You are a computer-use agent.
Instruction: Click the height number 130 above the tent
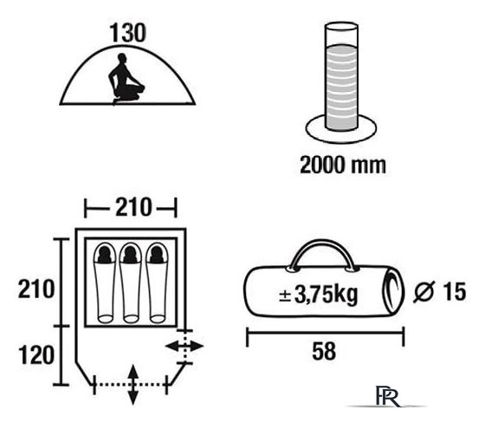click(x=127, y=33)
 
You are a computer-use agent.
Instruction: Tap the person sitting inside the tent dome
click(x=126, y=79)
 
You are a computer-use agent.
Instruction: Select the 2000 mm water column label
click(x=343, y=165)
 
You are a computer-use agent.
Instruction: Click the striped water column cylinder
click(x=341, y=76)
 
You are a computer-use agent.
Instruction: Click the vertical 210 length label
click(x=36, y=289)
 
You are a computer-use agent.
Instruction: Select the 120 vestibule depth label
click(x=36, y=355)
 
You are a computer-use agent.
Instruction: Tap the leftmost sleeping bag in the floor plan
click(x=105, y=283)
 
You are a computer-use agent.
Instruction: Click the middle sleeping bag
click(x=131, y=283)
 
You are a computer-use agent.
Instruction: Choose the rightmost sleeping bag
click(x=157, y=283)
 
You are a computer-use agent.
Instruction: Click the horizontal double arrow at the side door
click(x=184, y=346)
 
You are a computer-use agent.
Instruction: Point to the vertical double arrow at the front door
click(x=133, y=385)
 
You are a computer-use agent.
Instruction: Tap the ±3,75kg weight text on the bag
click(x=319, y=294)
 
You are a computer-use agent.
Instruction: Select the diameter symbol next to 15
click(x=424, y=291)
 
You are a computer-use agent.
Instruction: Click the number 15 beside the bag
click(x=455, y=291)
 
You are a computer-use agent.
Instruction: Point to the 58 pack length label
click(x=324, y=351)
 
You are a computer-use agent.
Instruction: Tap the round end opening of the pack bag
click(x=393, y=291)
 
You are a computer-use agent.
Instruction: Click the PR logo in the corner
click(x=388, y=396)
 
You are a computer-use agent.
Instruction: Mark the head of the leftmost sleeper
click(x=105, y=255)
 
